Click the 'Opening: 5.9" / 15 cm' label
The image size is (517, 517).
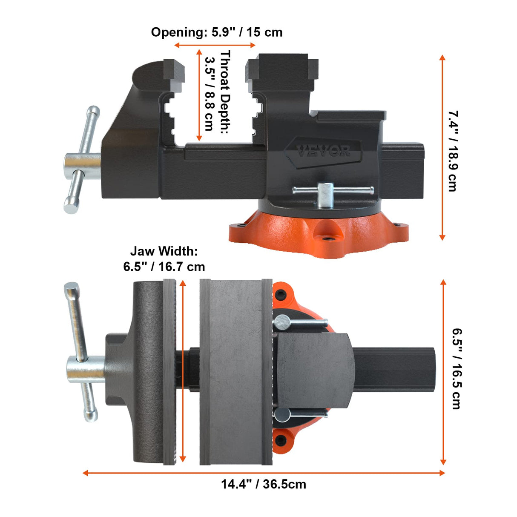point(216,32)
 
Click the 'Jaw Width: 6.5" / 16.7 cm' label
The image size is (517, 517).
point(164,259)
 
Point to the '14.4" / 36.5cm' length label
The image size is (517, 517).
point(263,484)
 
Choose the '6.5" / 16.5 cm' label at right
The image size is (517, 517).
point(456,368)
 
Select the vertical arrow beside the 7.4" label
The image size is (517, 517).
point(442,147)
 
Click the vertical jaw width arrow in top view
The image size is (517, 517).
point(183,371)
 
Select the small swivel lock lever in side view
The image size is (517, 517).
point(332,192)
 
